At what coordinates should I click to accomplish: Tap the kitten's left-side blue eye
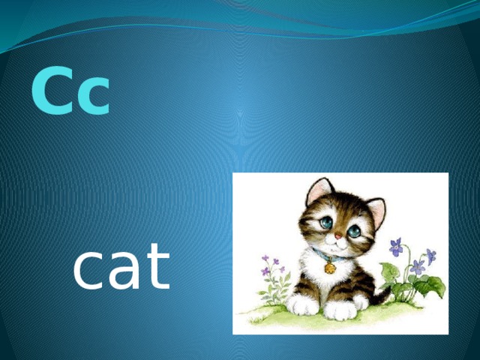coord(325,223)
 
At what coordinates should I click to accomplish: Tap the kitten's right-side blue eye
coord(353,231)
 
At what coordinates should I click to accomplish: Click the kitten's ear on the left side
coord(318,191)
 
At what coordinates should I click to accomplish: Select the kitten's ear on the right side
coord(376,211)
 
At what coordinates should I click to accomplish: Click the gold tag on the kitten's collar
coord(329,268)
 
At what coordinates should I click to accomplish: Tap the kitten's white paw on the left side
coord(304,304)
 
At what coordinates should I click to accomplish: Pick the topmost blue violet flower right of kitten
coord(396,246)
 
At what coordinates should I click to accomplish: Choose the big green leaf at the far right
coord(432,286)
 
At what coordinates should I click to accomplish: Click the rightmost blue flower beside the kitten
coord(430,256)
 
